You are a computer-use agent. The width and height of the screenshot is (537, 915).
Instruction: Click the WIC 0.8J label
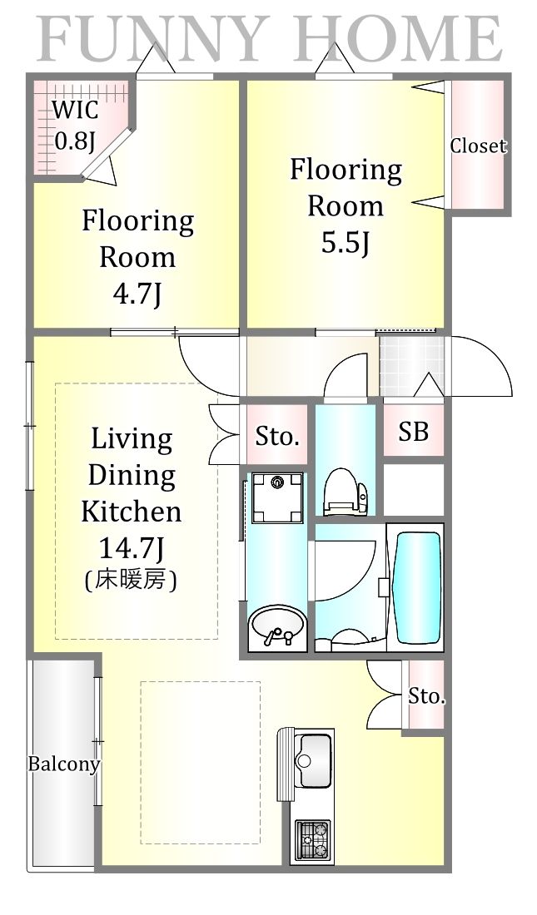click(x=74, y=125)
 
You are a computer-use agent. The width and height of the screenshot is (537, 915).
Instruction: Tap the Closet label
click(x=477, y=146)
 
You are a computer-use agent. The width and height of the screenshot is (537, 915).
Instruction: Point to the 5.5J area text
click(x=346, y=242)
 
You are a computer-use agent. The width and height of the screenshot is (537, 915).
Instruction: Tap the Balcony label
click(x=64, y=764)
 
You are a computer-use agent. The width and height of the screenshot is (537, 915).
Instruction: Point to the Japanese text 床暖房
click(x=131, y=580)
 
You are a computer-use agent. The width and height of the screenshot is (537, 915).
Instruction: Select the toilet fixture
click(x=346, y=491)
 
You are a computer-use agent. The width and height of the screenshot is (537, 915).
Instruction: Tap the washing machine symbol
click(x=277, y=497)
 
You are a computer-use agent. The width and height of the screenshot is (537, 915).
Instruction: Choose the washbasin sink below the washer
click(x=276, y=626)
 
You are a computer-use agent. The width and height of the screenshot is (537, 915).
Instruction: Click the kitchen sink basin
click(x=313, y=759)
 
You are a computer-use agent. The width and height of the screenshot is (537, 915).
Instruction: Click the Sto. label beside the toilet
click(x=277, y=436)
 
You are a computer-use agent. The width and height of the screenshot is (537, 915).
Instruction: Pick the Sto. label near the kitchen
click(x=426, y=695)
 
